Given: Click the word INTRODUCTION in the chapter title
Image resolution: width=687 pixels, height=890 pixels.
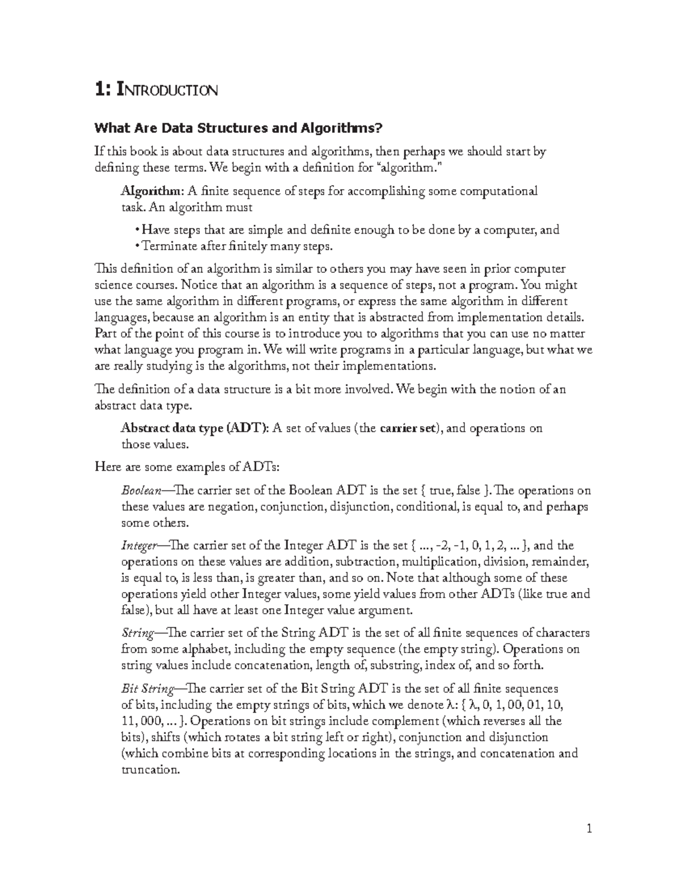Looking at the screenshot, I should [x=167, y=90].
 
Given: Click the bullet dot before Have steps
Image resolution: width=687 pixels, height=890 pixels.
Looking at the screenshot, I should [x=137, y=230].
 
